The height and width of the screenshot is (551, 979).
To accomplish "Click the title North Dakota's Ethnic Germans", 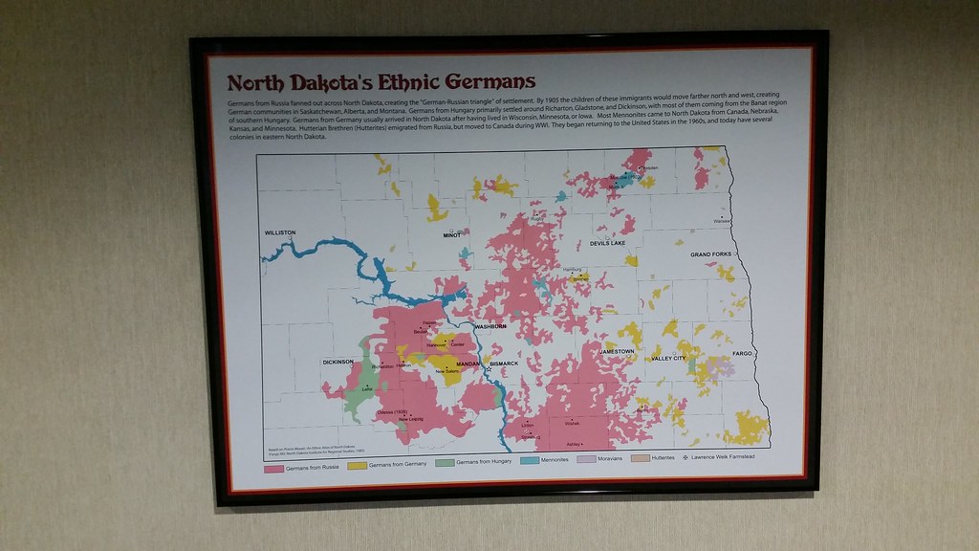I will pyautogui.click(x=381, y=82).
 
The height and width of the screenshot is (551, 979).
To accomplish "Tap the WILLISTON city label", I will pyautogui.click(x=280, y=232).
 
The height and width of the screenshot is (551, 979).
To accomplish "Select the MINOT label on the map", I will pyautogui.click(x=451, y=234).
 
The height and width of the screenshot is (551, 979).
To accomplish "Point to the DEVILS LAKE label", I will pyautogui.click(x=607, y=243).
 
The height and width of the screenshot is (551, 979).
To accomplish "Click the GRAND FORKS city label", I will pyautogui.click(x=711, y=254).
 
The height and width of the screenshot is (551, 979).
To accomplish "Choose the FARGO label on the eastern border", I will pyautogui.click(x=743, y=353).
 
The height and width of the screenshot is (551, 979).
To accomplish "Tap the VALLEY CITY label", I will pyautogui.click(x=668, y=358).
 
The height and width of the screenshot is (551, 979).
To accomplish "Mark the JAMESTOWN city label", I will pyautogui.click(x=617, y=351).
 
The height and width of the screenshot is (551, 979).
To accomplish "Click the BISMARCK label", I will pyautogui.click(x=503, y=364).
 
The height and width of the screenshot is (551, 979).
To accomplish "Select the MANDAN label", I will pyautogui.click(x=468, y=364).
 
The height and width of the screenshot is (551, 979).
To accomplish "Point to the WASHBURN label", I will pyautogui.click(x=490, y=326).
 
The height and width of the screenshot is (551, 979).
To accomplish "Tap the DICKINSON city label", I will pyautogui.click(x=337, y=362).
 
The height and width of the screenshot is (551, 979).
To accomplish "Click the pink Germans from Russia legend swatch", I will pyautogui.click(x=273, y=467).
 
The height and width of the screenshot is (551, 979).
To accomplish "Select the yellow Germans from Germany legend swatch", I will pyautogui.click(x=357, y=465).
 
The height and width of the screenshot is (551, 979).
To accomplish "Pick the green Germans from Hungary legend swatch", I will pyautogui.click(x=444, y=463).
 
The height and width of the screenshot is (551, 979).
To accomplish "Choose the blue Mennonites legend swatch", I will pyautogui.click(x=530, y=461).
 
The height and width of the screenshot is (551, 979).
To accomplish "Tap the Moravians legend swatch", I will pyautogui.click(x=587, y=459).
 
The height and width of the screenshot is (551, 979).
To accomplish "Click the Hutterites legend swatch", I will pyautogui.click(x=641, y=458).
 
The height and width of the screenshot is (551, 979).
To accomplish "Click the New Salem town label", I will pyautogui.click(x=446, y=371).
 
